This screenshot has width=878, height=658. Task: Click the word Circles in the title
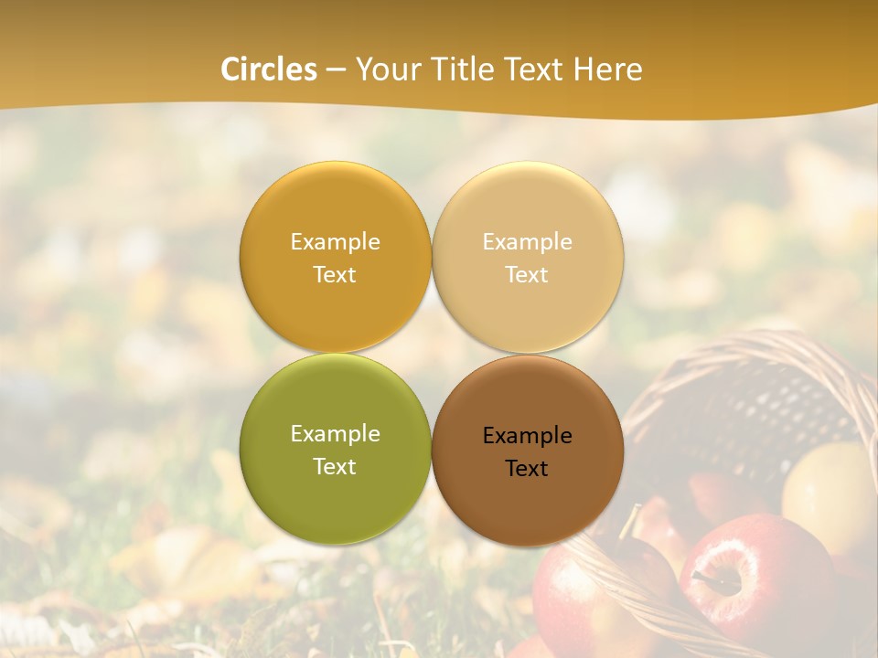tap(268, 69)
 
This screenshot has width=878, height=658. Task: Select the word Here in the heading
tap(609, 69)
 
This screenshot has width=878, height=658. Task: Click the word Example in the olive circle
tap(335, 433)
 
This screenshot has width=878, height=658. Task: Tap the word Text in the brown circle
tap(527, 469)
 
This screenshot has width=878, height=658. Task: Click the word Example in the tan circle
tap(527, 241)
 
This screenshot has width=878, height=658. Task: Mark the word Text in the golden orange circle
tap(335, 275)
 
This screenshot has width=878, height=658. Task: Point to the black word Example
tap(527, 436)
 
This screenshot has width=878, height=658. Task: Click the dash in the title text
tap(336, 69)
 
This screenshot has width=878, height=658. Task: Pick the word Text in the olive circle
tap(335, 467)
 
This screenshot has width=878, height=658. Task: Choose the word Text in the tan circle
tap(527, 275)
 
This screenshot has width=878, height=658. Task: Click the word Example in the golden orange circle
tap(335, 241)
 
